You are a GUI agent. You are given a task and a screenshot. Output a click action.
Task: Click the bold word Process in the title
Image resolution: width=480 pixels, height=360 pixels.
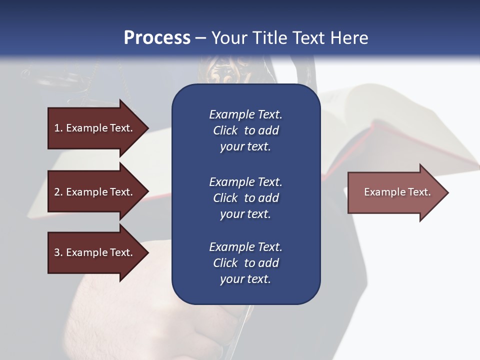coord(157,38)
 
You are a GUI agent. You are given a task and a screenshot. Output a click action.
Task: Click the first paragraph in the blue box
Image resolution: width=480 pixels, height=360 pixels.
coord(245,130)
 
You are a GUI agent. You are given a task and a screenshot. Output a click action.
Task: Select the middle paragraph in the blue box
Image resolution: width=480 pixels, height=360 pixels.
coord(245,197)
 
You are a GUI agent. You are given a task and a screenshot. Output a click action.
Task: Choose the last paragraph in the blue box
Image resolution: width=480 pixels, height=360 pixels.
coord(245,263)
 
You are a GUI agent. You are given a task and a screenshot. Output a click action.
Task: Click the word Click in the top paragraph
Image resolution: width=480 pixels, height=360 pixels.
coord(225,130)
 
